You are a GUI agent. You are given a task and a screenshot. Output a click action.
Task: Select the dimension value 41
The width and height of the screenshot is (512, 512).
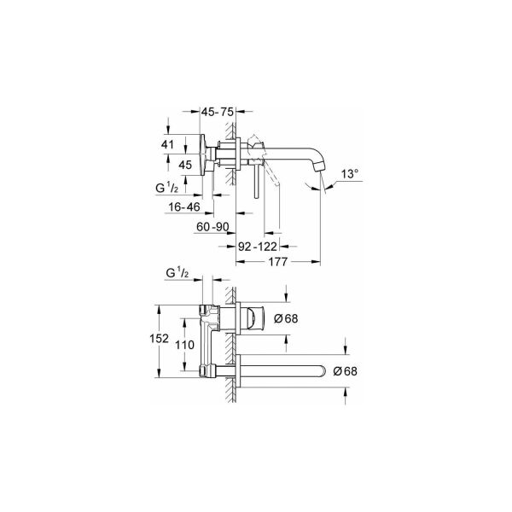(169, 145)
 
